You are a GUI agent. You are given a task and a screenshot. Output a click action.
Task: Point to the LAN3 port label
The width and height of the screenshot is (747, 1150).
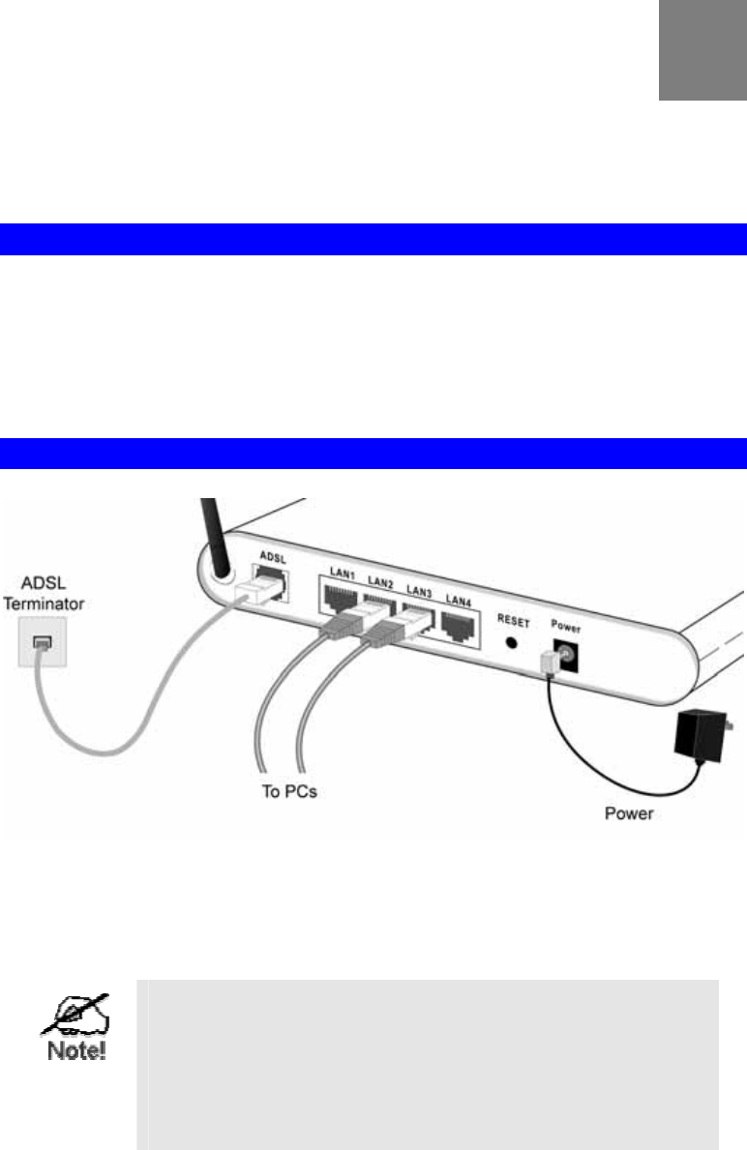point(419,590)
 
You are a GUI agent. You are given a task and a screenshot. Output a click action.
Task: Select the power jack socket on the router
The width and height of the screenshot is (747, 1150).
point(565,654)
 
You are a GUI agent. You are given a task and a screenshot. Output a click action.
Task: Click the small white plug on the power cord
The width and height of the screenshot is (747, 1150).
point(545,662)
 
